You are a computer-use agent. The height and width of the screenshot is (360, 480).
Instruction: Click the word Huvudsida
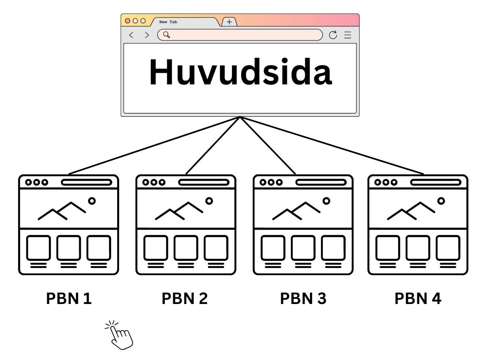(240, 72)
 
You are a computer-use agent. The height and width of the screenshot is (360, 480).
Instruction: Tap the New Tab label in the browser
(168, 22)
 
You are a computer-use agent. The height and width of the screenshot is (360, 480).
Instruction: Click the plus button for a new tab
(229, 22)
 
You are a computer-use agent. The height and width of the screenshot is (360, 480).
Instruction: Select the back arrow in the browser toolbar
(131, 35)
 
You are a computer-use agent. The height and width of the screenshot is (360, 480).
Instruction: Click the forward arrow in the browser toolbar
(147, 35)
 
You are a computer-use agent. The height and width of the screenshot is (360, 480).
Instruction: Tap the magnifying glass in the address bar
(166, 35)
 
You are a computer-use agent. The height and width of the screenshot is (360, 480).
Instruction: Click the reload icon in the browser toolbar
(333, 35)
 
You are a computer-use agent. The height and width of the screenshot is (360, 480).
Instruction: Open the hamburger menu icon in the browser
(348, 35)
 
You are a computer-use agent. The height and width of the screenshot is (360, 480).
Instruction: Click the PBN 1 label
(69, 298)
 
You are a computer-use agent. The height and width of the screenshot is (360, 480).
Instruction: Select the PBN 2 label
(184, 298)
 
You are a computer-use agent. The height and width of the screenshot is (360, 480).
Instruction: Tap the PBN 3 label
(303, 298)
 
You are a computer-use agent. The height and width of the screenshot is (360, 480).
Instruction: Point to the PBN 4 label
(418, 298)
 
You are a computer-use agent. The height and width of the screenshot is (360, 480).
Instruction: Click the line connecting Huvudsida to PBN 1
(154, 146)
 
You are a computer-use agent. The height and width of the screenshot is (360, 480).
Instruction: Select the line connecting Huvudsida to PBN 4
(332, 146)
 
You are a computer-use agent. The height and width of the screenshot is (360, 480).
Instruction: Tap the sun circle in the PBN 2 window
(209, 201)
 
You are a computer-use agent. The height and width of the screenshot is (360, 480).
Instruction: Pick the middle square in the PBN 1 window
(68, 248)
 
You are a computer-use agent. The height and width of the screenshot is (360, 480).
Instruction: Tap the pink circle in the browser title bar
(128, 20)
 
